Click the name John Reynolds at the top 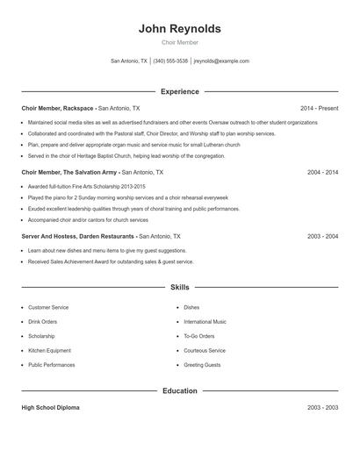tap(179, 29)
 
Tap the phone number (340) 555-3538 tap(170, 61)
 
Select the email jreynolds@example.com tap(221, 61)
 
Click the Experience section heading tap(179, 91)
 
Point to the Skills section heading tap(179, 287)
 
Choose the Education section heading tap(179, 390)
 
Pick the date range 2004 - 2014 tap(322, 173)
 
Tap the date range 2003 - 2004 tap(322, 236)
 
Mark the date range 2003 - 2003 tap(322, 408)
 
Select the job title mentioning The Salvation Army tap(70, 173)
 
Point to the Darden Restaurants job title tap(77, 236)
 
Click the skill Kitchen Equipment tap(51, 350)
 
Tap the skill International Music tap(205, 322)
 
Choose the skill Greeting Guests tap(202, 365)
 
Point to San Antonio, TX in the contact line tap(129, 61)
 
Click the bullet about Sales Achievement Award tap(110, 261)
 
